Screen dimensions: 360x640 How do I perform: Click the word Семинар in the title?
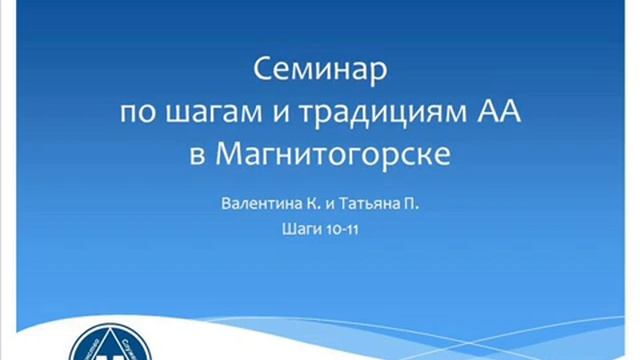click(x=320, y=73)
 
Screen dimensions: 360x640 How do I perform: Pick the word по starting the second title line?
click(x=136, y=114)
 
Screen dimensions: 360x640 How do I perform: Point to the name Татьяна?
click(x=372, y=203)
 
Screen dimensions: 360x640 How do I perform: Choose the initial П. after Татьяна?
click(x=411, y=203)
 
